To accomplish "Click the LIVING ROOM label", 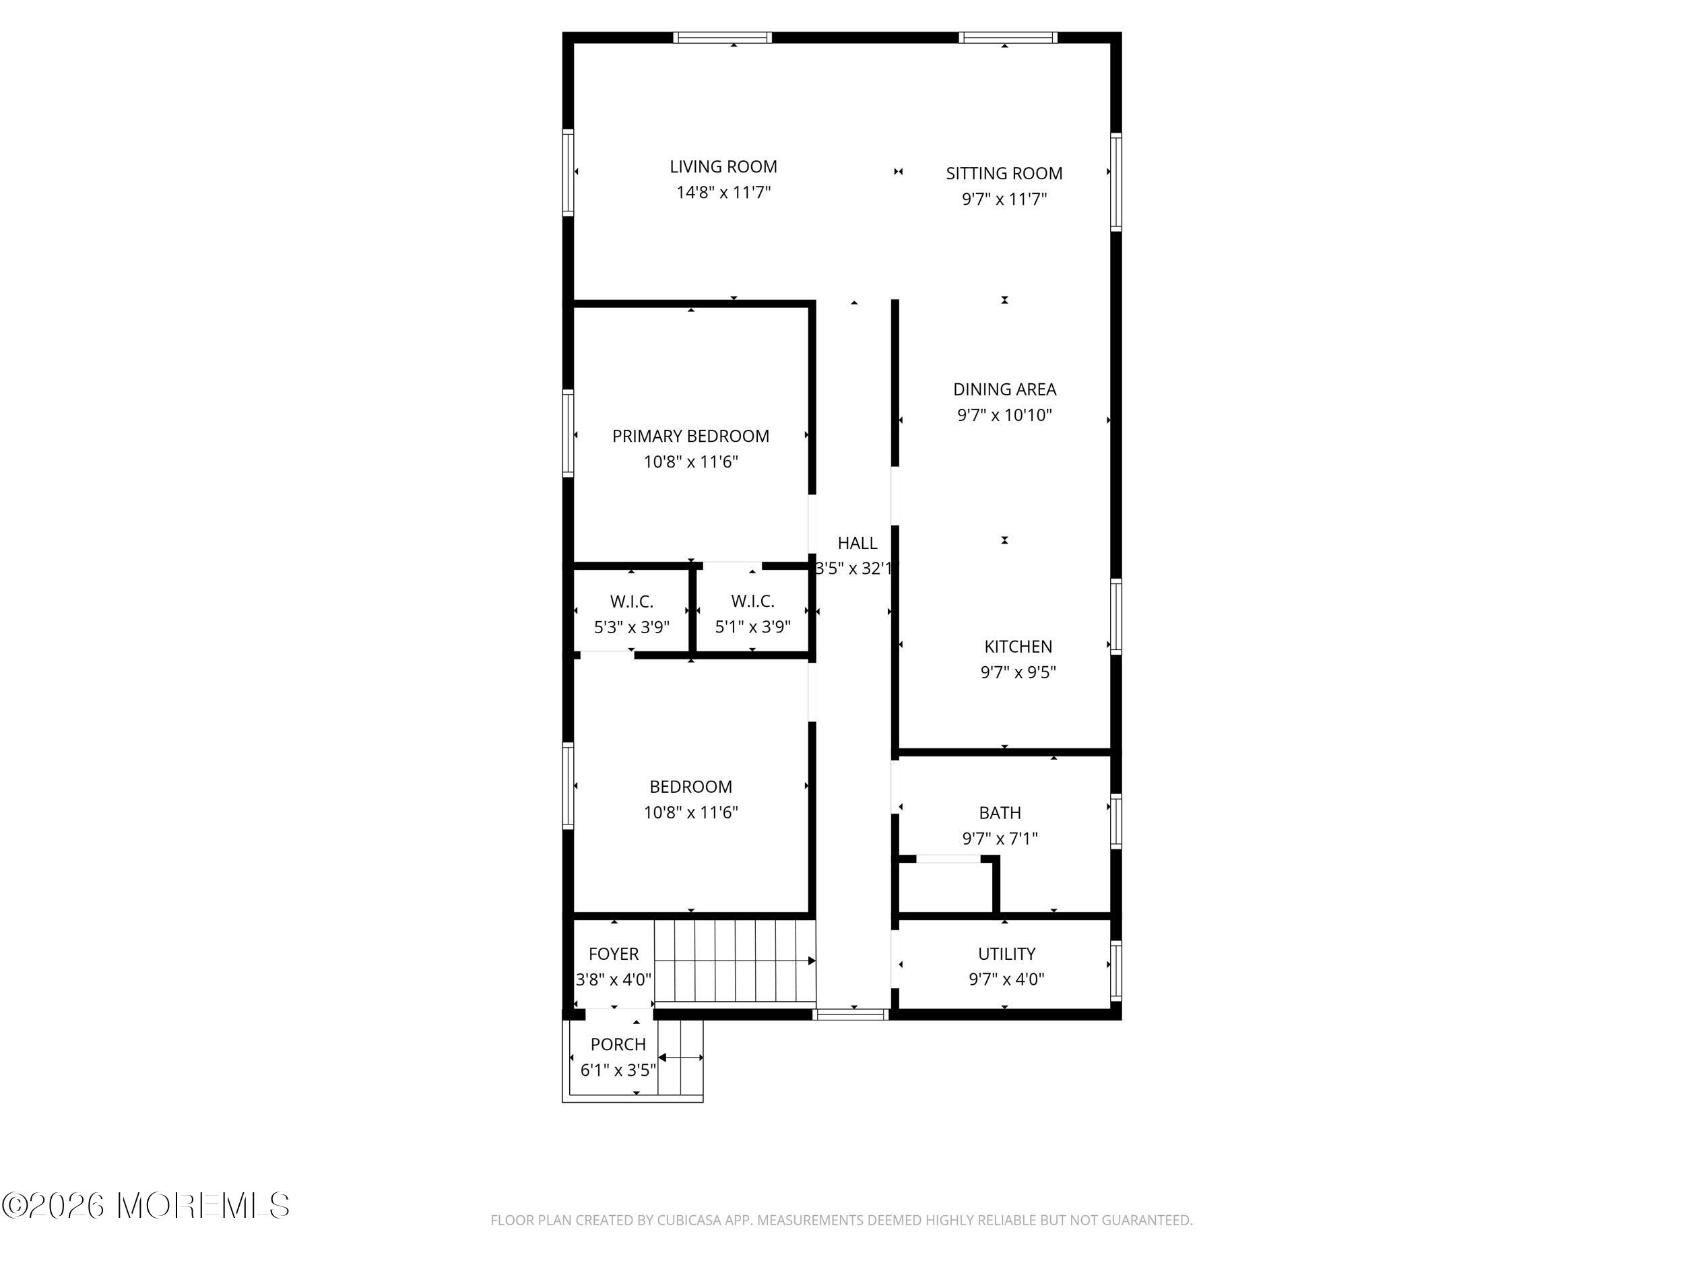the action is click(x=723, y=167).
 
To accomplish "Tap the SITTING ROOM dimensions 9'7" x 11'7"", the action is click(x=1004, y=199).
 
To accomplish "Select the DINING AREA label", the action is click(x=1004, y=390).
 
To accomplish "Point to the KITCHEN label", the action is click(x=1018, y=647).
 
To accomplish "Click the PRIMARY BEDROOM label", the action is click(x=690, y=436).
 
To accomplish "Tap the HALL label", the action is click(x=857, y=543).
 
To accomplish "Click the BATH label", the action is click(x=1000, y=813).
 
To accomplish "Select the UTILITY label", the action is click(x=1006, y=954).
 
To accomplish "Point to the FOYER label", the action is click(x=614, y=954).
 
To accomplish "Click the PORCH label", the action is click(x=618, y=1045).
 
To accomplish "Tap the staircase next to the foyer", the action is click(x=735, y=961).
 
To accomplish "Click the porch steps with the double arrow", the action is click(x=680, y=1058).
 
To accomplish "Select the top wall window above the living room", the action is click(x=723, y=37).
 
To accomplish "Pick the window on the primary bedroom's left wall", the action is click(x=568, y=433).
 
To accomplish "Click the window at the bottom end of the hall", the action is click(x=850, y=1014).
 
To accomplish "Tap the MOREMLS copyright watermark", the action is click(x=145, y=1206).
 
